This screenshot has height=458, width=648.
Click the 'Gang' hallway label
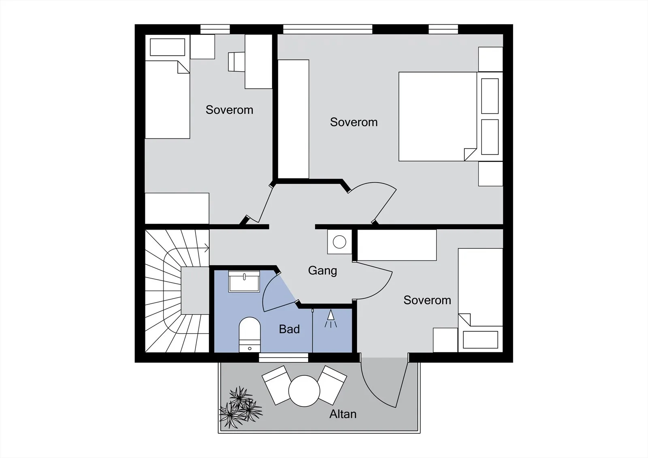pyautogui.click(x=322, y=271)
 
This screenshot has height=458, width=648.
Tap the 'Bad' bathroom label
pyautogui.click(x=289, y=329)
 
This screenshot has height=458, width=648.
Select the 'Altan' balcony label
pyautogui.click(x=343, y=414)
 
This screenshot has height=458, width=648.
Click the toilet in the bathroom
pyautogui.click(x=249, y=335)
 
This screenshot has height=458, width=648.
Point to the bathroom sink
pyautogui.click(x=244, y=281)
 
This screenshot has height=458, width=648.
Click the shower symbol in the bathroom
pyautogui.click(x=330, y=319)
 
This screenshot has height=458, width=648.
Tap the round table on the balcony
pyautogui.click(x=304, y=391)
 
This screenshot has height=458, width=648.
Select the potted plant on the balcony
pyautogui.click(x=241, y=407)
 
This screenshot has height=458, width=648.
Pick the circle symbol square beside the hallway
pyautogui.click(x=339, y=242)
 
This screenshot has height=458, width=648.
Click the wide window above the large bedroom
pyautogui.click(x=328, y=29)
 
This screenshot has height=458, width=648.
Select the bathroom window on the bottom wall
pyautogui.click(x=283, y=358)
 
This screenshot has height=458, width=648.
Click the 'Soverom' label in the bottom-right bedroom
pyautogui.click(x=427, y=300)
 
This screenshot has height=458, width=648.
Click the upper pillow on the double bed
pyautogui.click(x=490, y=96)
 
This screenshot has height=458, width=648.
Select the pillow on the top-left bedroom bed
pyautogui.click(x=167, y=47)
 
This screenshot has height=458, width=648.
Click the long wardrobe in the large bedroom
pyautogui.click(x=293, y=119)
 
